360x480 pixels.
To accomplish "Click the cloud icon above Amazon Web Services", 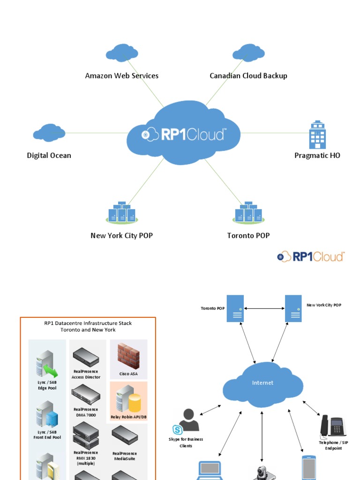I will point(122,53).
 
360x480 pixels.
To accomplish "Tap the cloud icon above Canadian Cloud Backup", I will point(248,53).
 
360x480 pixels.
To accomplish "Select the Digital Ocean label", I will point(49,156).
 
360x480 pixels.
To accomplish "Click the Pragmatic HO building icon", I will point(317,135).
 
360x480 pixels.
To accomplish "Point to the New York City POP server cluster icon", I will point(122,213).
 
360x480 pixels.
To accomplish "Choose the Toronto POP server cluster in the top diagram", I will point(248,213).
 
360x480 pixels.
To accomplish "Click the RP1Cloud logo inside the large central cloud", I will point(184,135).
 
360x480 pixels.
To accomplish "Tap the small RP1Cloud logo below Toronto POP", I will point(311,256).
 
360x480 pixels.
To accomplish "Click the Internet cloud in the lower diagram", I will point(262,383).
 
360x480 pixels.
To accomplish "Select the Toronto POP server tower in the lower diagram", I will point(235,308).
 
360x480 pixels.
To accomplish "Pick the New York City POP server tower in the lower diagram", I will point(293,308).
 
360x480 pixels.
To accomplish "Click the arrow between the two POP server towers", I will point(264,308).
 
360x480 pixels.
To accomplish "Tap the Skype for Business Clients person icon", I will point(188,420).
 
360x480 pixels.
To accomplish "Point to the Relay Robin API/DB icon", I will point(128,398).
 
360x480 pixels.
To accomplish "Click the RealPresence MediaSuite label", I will point(125,456).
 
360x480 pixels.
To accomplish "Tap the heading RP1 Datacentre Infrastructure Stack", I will point(88,323).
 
